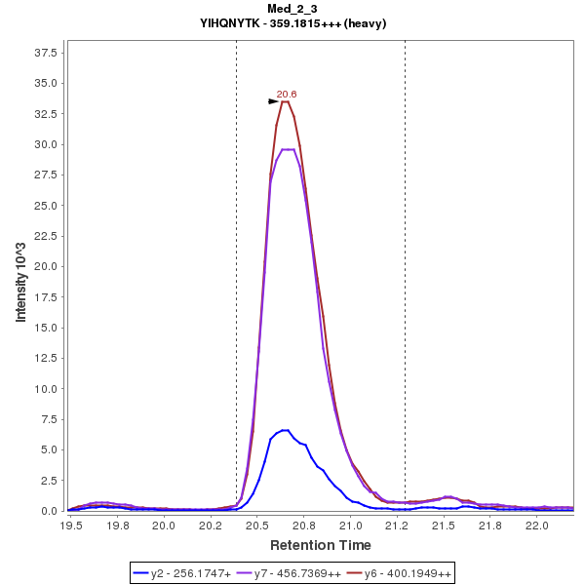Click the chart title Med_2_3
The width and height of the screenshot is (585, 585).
tap(292, 9)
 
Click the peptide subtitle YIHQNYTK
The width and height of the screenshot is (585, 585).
tap(292, 23)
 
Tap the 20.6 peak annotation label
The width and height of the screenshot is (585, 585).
tap(286, 94)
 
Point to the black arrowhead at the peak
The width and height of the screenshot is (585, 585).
tap(274, 101)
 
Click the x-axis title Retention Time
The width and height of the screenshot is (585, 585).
tap(320, 544)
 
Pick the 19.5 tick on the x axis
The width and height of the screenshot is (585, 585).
tap(70, 525)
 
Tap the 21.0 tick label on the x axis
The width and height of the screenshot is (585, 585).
tap(350, 525)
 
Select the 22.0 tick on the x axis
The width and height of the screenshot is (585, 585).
tap(536, 525)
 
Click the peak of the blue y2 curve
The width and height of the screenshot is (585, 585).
tap(285, 430)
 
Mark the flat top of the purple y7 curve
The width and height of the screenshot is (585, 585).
tap(288, 149)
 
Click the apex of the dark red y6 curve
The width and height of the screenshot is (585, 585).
tap(285, 101)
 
